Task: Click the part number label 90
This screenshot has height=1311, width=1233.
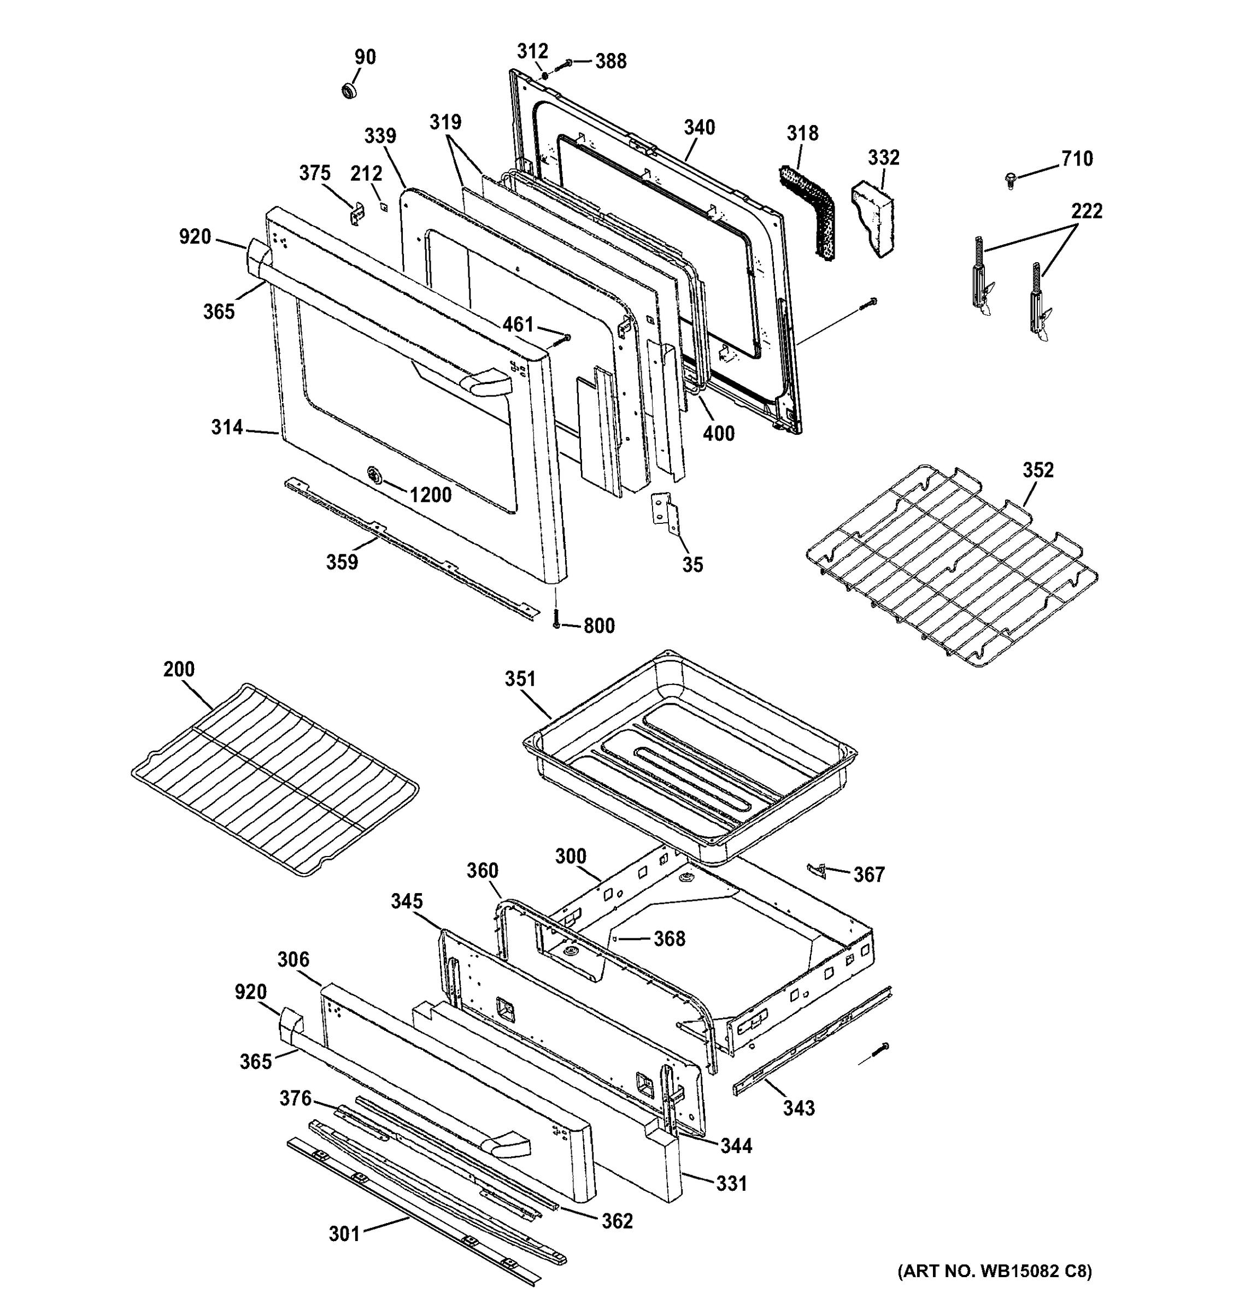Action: click(365, 57)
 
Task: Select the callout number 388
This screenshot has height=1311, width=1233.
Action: click(611, 61)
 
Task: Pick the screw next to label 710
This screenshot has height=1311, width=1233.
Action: click(1010, 179)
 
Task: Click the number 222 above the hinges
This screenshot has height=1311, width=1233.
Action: click(1087, 211)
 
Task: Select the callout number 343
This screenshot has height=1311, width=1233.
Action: click(799, 1108)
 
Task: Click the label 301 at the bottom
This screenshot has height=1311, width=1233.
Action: click(344, 1234)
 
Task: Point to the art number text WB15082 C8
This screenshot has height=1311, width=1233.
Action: click(995, 1272)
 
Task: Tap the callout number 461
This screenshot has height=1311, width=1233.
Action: click(518, 324)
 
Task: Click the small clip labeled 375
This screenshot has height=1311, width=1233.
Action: click(356, 214)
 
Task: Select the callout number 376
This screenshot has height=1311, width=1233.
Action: click(295, 1098)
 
